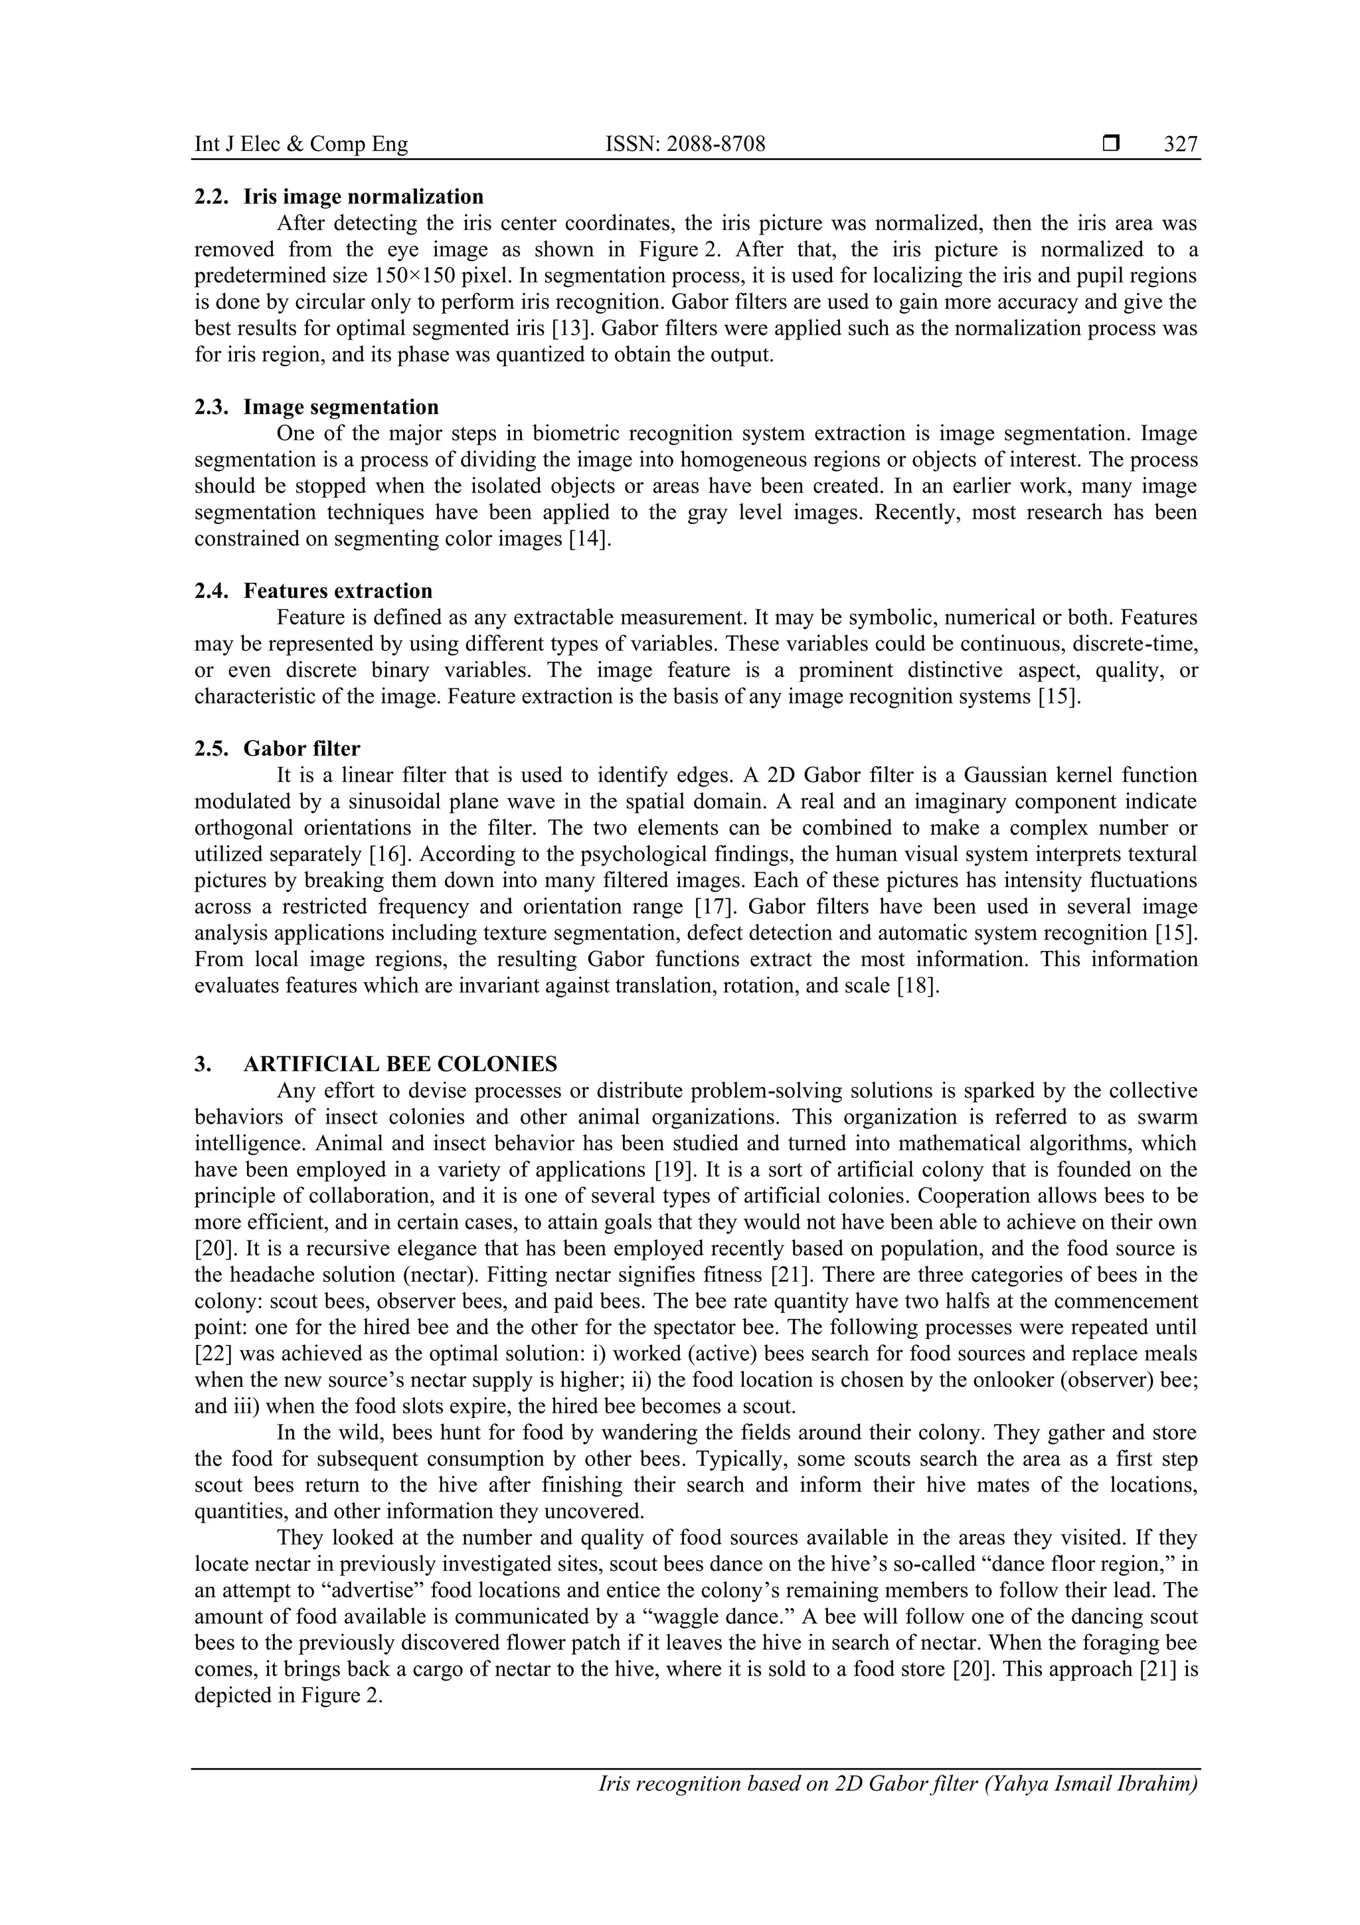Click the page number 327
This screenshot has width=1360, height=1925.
(x=1181, y=144)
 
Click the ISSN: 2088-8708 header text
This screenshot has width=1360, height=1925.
(x=685, y=144)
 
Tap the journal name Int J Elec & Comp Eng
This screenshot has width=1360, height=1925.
(x=301, y=144)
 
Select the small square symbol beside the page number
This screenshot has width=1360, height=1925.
(x=1110, y=144)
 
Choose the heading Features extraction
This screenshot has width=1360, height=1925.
(x=338, y=591)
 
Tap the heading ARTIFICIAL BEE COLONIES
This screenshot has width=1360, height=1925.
(x=400, y=1064)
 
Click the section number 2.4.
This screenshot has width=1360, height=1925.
(x=211, y=591)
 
